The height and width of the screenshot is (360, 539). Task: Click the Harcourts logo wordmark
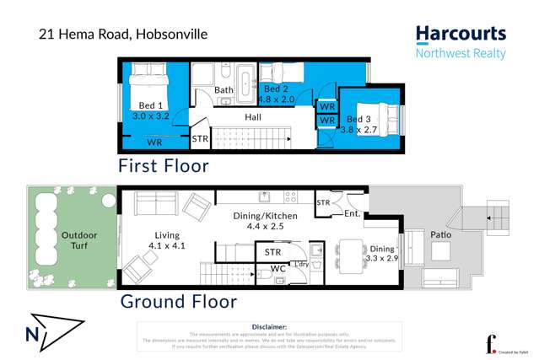tap(461, 35)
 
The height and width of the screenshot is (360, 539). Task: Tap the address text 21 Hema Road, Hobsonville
tap(123, 35)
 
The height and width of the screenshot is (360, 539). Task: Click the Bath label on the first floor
tap(223, 90)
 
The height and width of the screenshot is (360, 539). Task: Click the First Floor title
tap(163, 166)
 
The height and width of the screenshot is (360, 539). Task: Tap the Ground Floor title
tap(178, 301)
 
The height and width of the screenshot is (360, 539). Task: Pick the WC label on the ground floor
tap(278, 270)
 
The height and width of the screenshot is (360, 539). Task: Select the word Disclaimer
tap(270, 325)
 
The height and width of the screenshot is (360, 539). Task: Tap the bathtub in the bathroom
tap(244, 82)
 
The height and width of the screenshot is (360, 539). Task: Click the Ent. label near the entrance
tap(353, 214)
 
